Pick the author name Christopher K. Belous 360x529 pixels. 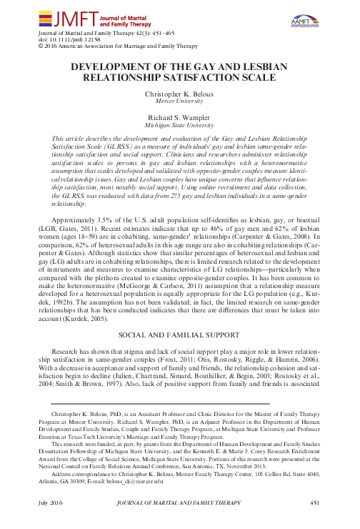tap(179, 94)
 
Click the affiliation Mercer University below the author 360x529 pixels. tap(179, 102)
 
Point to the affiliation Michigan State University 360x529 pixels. tap(179, 124)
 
